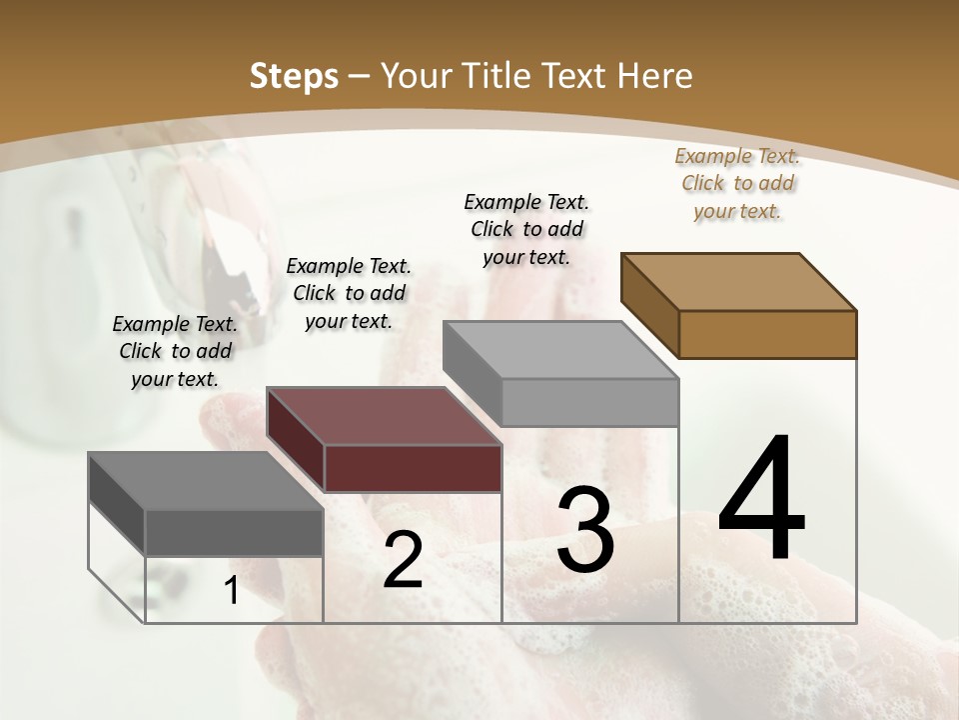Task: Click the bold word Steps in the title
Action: pos(294,76)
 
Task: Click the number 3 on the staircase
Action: pos(585,530)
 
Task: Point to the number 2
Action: pos(403,560)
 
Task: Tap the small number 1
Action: pos(231,591)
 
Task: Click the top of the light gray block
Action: pos(560,349)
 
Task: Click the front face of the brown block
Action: pos(767,334)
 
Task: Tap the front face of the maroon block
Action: pos(413,468)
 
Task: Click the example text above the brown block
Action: pos(737,183)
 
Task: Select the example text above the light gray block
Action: pos(526,229)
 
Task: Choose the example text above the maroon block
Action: pos(349,293)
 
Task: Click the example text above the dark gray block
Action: pos(175,351)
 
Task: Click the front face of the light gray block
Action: pos(589,402)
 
